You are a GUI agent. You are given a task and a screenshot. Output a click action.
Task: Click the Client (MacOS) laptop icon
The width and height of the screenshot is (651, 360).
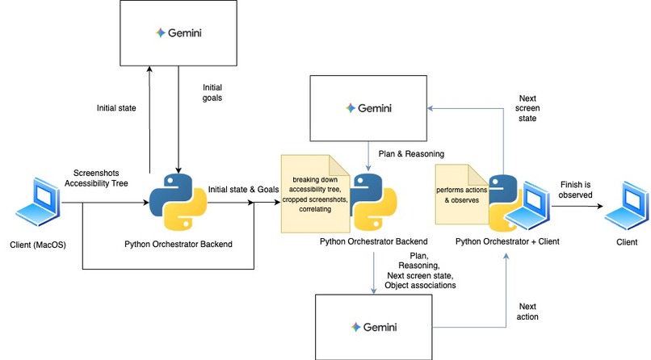tap(38, 202)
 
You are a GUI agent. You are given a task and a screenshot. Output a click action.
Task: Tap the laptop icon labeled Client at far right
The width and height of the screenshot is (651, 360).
tap(627, 205)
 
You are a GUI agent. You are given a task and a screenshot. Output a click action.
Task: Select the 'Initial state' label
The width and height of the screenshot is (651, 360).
tap(116, 108)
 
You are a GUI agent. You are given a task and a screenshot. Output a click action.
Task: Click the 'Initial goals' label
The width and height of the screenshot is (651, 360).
tap(212, 93)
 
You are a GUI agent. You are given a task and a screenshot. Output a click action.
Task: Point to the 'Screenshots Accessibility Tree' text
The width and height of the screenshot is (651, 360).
tap(96, 178)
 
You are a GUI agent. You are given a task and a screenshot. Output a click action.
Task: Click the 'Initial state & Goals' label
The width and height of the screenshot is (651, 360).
tap(243, 189)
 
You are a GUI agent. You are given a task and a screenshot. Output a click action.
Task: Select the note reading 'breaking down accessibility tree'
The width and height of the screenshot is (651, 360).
tap(316, 194)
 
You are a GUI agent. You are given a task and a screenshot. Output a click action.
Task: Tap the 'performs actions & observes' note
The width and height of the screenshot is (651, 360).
tap(462, 194)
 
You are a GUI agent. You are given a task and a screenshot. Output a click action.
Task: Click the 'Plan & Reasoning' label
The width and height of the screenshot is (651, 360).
tap(411, 154)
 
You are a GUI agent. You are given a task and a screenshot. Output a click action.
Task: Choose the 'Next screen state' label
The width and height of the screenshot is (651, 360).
tap(527, 108)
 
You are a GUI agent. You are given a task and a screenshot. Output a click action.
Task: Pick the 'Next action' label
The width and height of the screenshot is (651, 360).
tap(527, 312)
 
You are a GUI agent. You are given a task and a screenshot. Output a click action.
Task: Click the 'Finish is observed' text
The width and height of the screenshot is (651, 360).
tap(575, 190)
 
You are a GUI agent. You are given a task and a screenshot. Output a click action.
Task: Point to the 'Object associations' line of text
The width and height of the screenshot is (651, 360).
tap(420, 286)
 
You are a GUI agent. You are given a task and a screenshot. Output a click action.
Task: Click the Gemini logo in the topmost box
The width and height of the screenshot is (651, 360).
tap(178, 33)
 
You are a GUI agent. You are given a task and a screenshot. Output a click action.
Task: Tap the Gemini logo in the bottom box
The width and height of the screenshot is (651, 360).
tap(374, 327)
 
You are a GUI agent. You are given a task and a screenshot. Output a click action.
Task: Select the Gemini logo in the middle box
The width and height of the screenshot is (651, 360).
tap(368, 108)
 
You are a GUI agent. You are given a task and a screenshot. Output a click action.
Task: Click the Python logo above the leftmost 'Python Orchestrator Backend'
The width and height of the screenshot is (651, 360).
tap(178, 202)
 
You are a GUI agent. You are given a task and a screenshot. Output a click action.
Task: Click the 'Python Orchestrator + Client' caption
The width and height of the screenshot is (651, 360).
tap(507, 241)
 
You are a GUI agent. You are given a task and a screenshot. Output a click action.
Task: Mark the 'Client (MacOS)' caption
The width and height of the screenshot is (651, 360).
tap(38, 245)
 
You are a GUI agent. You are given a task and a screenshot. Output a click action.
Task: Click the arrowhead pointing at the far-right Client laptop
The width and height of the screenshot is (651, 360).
tap(600, 206)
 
